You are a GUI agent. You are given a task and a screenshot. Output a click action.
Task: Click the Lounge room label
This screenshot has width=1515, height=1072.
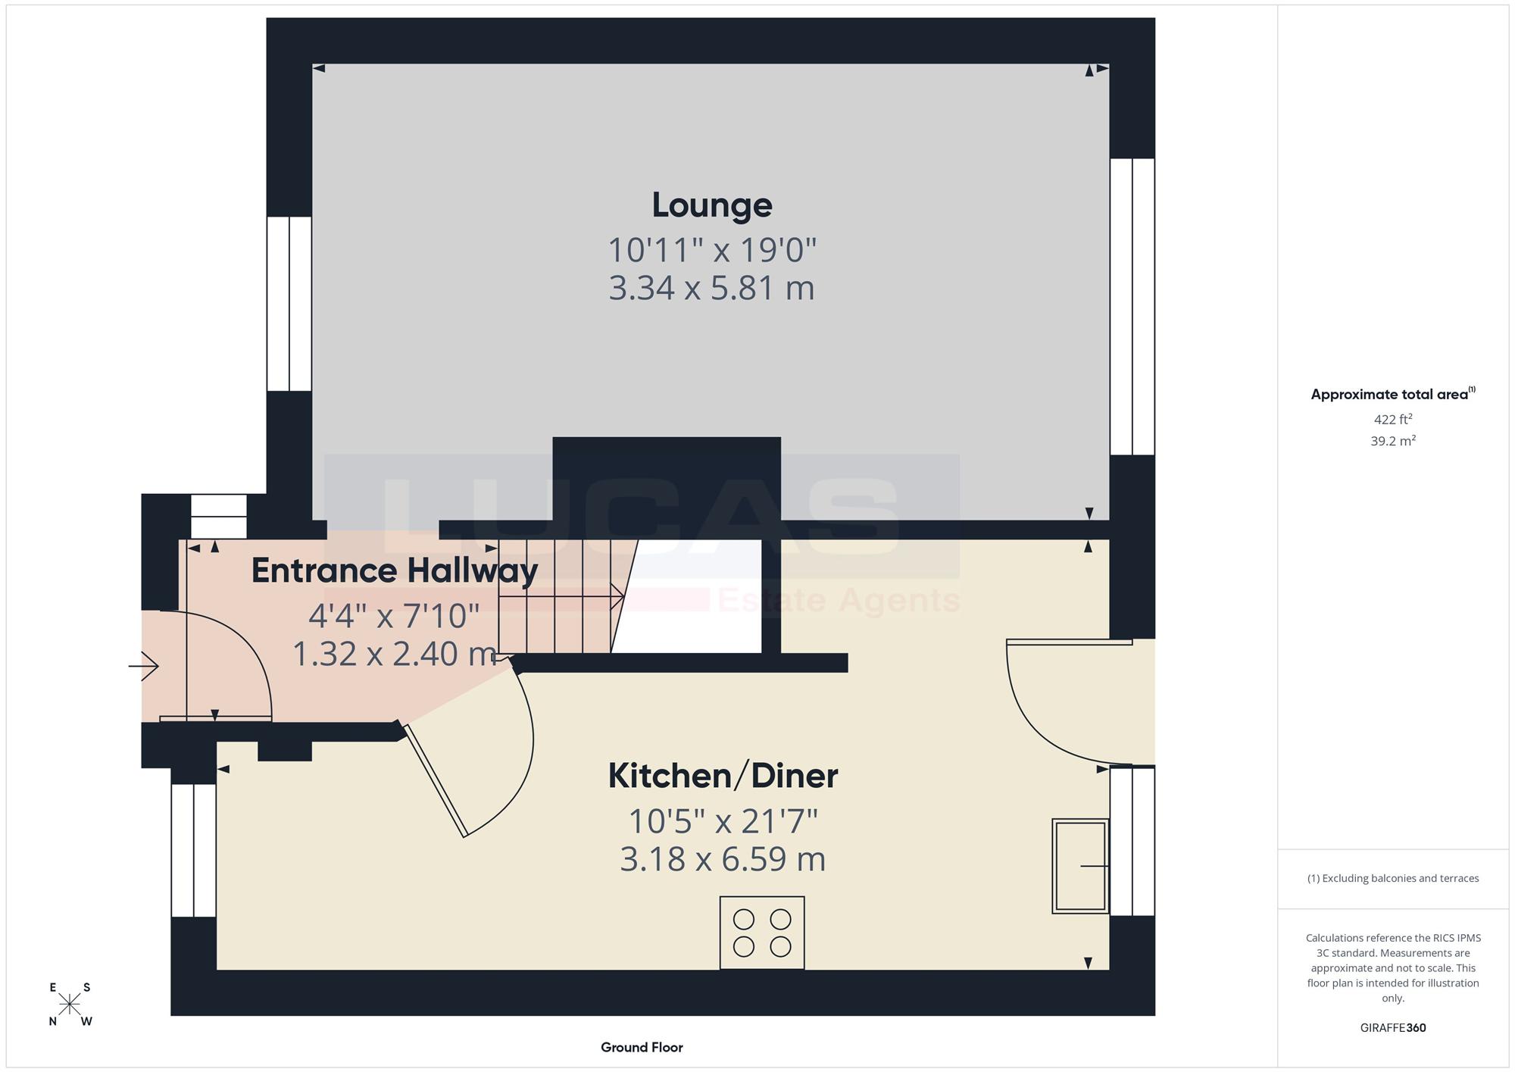coord(712,205)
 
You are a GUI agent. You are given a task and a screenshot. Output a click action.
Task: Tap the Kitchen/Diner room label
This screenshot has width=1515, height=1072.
coord(723,776)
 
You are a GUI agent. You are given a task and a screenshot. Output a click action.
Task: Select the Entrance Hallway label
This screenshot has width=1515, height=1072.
coord(395,570)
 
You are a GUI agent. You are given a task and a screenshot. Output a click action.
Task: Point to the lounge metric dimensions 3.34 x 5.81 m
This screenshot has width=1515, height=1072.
coord(711,288)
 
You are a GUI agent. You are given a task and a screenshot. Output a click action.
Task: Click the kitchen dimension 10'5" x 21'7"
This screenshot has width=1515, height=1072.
coord(723,820)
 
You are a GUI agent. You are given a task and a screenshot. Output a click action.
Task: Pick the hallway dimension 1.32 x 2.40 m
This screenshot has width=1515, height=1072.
coord(394,653)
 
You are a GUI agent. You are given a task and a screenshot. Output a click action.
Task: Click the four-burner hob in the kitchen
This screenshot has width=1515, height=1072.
coord(762,933)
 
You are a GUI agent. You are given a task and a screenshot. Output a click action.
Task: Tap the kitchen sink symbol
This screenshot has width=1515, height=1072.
coord(1080,865)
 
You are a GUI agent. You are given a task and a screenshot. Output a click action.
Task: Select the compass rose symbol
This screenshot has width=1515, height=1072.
coord(70,1004)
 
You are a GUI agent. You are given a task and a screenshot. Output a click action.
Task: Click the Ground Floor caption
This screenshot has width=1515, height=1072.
coord(642,1047)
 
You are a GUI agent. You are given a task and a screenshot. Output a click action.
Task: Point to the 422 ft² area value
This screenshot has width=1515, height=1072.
coord(1393,419)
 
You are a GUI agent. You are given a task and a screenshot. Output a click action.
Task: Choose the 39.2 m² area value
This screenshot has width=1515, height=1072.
coord(1393,440)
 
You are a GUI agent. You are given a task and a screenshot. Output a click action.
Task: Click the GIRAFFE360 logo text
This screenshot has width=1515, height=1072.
coord(1393,1027)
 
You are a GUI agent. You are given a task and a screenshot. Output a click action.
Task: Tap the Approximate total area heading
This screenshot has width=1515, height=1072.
coord(1393,393)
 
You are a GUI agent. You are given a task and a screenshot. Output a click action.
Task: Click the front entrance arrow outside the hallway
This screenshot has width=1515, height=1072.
coord(143,666)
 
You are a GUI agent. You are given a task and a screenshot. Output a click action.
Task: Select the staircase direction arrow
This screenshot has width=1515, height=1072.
coord(561,596)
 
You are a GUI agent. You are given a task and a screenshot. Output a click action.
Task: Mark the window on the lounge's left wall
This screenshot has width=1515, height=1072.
coord(289,304)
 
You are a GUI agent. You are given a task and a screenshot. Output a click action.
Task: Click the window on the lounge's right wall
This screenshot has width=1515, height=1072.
coord(1132,306)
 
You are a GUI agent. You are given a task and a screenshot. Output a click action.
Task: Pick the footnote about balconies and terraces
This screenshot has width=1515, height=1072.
coord(1393,878)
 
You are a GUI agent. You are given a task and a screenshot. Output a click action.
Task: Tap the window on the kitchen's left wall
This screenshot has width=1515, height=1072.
coord(194,850)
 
